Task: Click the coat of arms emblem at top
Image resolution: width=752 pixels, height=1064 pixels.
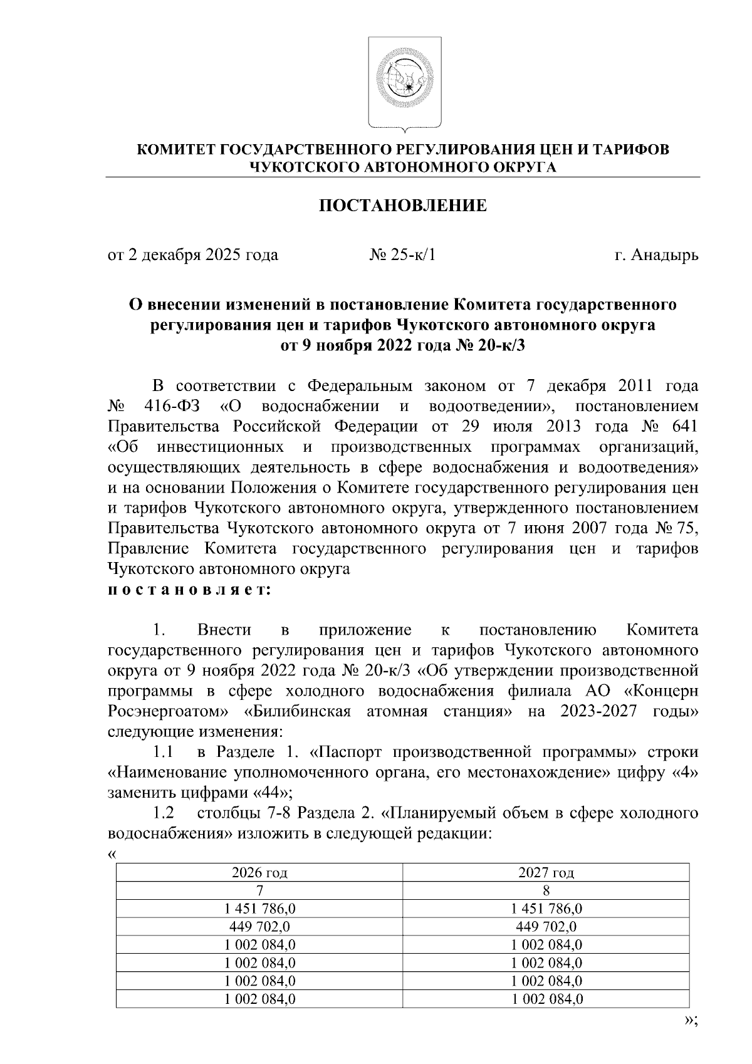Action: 404,83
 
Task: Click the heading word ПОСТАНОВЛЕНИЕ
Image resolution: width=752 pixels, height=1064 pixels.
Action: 404,206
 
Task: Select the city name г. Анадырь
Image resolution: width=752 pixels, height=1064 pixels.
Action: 656,256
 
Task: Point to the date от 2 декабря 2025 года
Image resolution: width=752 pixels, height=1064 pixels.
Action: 193,256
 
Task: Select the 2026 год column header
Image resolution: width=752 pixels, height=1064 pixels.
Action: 259,873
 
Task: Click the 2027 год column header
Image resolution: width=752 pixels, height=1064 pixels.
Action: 546,873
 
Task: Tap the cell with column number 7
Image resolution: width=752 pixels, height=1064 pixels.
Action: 259,890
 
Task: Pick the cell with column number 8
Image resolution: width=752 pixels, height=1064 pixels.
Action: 546,890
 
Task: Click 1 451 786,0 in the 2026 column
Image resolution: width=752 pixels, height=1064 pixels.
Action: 259,909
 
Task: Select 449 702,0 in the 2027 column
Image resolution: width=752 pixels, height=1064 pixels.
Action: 546,927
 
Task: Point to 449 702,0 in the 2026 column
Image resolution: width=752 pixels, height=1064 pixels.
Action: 259,927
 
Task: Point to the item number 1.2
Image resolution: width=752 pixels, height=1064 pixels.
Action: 163,813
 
